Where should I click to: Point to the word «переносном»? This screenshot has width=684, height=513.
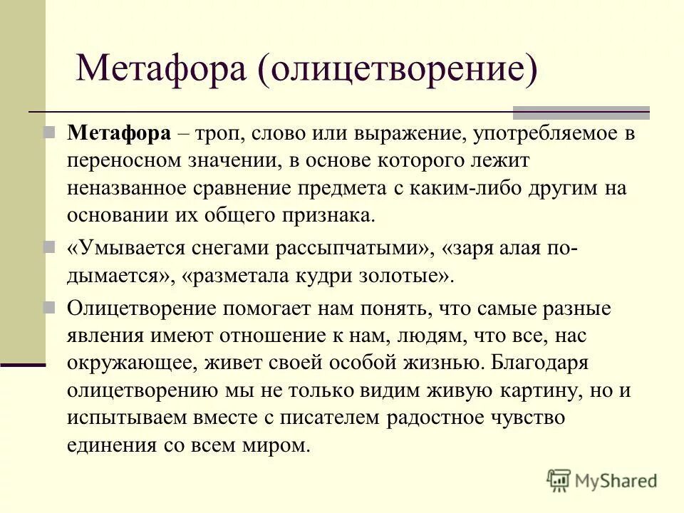point(122,160)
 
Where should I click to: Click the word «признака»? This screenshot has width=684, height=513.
point(323,214)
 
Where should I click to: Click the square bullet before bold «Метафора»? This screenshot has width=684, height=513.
point(49,133)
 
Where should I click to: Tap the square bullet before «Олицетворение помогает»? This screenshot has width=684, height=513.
point(49,308)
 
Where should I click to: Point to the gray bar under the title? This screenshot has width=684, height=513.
point(581,112)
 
